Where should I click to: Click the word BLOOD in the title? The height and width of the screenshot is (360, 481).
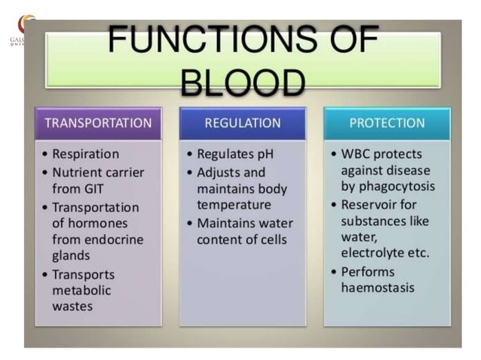click(244, 81)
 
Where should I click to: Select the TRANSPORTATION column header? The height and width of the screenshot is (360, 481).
click(98, 123)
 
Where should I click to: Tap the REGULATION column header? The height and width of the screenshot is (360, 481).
click(242, 123)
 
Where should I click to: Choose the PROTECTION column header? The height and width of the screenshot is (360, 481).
click(387, 123)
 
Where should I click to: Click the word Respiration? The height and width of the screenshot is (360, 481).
click(86, 154)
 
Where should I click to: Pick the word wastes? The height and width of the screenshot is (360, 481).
click(72, 307)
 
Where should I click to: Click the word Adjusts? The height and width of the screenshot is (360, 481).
click(220, 172)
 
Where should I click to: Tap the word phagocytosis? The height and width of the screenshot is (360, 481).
click(397, 186)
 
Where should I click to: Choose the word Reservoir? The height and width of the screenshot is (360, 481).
click(368, 204)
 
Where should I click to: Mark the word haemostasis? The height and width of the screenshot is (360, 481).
click(377, 288)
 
